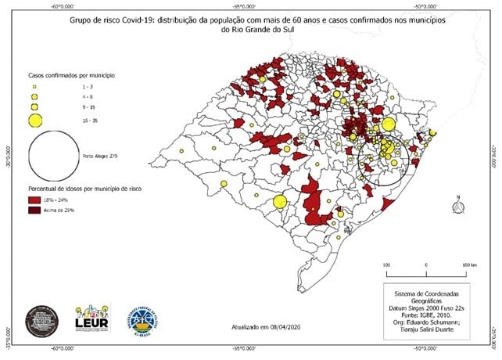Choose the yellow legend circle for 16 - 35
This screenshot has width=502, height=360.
pyautogui.click(x=35, y=120)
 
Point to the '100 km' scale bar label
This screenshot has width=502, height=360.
pyautogui.click(x=469, y=266)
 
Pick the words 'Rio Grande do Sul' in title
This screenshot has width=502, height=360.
pyautogui.click(x=252, y=30)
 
